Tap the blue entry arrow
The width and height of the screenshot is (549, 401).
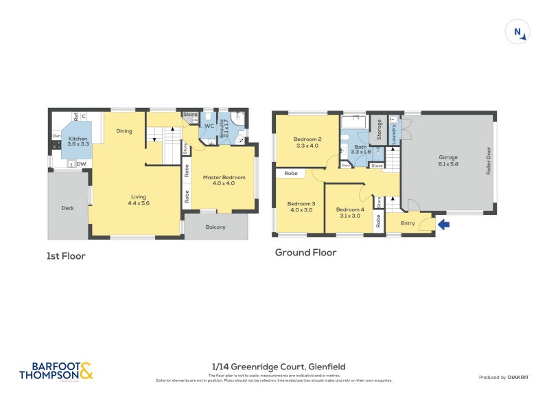(x=443, y=223)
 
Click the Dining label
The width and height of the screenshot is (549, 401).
(x=124, y=131)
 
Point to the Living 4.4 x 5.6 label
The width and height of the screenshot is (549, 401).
(x=139, y=200)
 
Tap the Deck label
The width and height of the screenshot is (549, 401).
(x=67, y=207)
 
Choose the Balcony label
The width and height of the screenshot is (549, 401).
(x=215, y=227)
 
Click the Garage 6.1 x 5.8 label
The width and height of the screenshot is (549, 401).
(x=448, y=161)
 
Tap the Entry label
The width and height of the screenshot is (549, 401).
(x=408, y=222)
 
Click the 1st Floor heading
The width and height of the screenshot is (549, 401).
(x=66, y=255)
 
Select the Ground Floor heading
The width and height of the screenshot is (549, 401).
(x=305, y=252)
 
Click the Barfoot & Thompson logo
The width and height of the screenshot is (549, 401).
(x=56, y=371)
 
